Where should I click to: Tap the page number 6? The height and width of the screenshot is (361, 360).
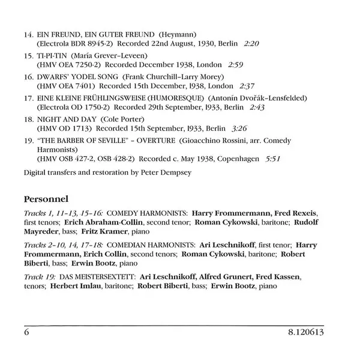click(27, 332)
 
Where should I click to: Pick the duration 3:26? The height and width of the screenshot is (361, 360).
click(238, 129)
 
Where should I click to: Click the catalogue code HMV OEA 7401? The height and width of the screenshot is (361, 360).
click(66, 86)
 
